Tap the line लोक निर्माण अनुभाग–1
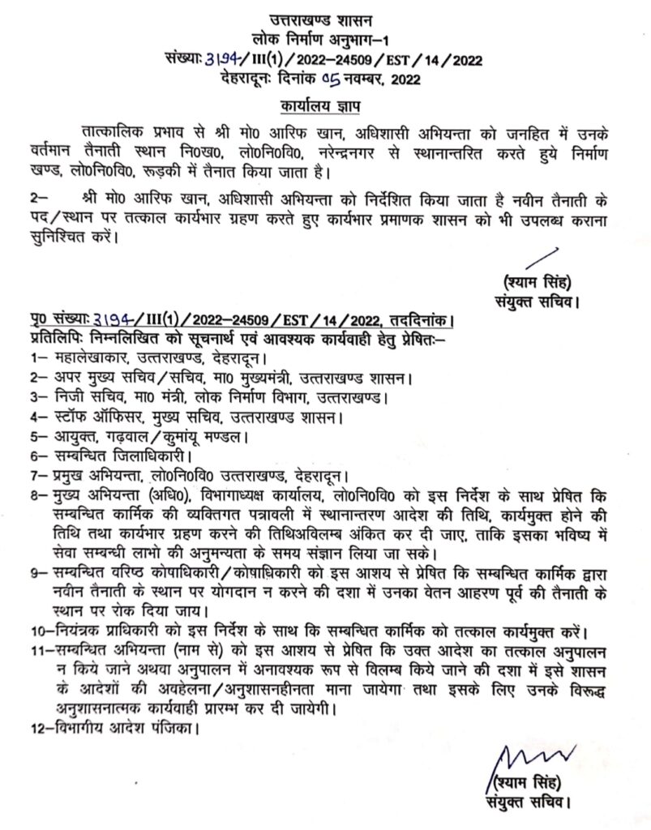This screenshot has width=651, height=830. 326,39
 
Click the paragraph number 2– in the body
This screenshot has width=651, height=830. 37,197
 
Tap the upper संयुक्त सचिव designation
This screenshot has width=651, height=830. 538,304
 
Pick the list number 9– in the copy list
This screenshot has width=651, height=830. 36,573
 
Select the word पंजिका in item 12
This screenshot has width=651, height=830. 166,727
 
